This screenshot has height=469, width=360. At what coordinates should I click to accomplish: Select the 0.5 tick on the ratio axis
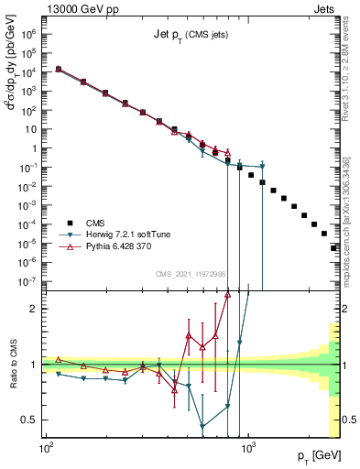(x=29, y=420)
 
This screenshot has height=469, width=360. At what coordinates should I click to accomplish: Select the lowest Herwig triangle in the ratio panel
(x=202, y=426)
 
